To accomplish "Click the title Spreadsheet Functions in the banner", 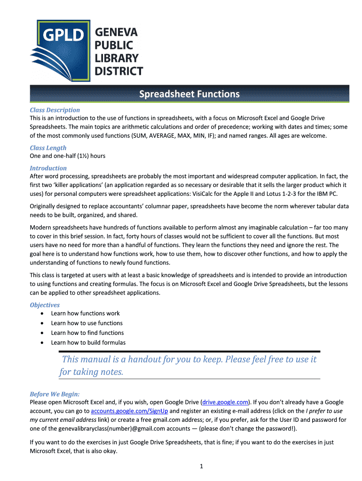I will (x=189, y=94).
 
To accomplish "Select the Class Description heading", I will (x=55, y=110).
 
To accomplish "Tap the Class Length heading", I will (x=48, y=148).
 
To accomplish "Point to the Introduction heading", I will (x=48, y=168).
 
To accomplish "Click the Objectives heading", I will (x=45, y=305).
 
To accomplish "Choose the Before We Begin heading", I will (x=55, y=394).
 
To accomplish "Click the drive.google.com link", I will (x=225, y=402).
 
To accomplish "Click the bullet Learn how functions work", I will (x=85, y=313).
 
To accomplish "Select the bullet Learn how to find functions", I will (x=87, y=333).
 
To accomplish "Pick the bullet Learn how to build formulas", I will (x=88, y=342).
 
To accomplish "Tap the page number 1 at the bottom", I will (x=201, y=466).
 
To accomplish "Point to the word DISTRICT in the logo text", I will (x=119, y=71).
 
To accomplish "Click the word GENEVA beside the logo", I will (x=117, y=32).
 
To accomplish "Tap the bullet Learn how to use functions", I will (x=87, y=323).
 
